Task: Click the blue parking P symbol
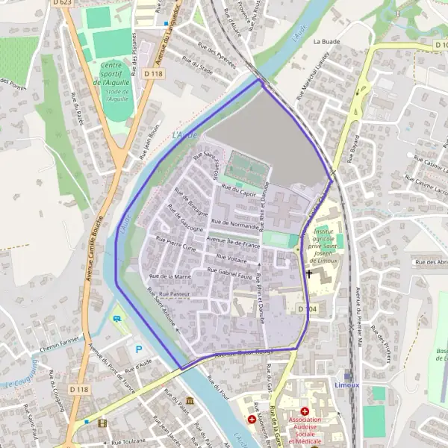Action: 138,349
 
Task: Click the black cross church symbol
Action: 309,274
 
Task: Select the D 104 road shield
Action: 307,308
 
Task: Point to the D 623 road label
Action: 63,3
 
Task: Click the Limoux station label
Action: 347,385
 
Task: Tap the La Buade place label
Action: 326,42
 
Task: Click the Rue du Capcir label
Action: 238,193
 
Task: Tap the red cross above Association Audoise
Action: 305,411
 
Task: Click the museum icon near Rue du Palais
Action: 190,401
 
